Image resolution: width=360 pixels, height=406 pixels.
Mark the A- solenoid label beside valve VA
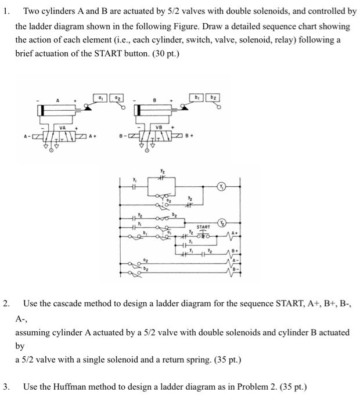(25, 137)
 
